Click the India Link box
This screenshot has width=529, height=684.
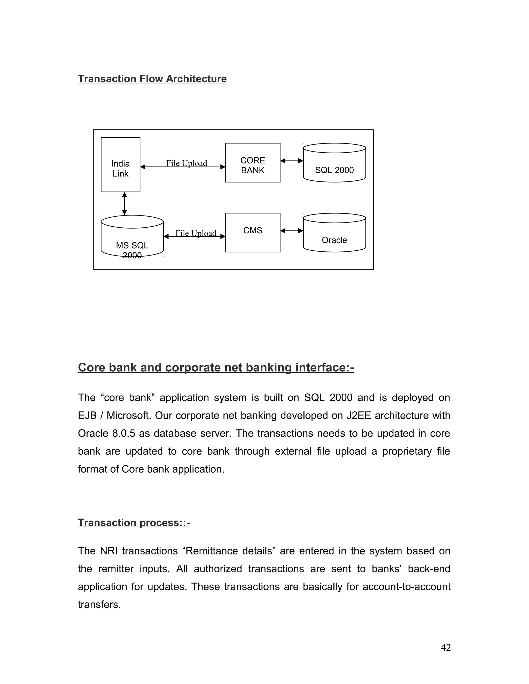coord(120,165)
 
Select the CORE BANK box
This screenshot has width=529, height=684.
coord(253,163)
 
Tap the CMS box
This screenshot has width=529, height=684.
coord(253,232)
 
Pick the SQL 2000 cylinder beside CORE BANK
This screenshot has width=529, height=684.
coord(334,163)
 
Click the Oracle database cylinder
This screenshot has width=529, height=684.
coord(334,233)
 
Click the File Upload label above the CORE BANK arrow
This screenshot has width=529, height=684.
coord(186,163)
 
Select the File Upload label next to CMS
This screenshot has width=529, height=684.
coord(196,233)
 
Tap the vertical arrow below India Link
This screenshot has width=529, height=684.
coord(125,204)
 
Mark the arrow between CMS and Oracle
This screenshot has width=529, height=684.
coord(291,231)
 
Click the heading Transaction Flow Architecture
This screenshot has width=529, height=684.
coord(152,79)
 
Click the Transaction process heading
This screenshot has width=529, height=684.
coord(134,522)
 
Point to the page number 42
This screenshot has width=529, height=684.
coord(446,647)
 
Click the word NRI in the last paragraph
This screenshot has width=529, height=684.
coord(108,551)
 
